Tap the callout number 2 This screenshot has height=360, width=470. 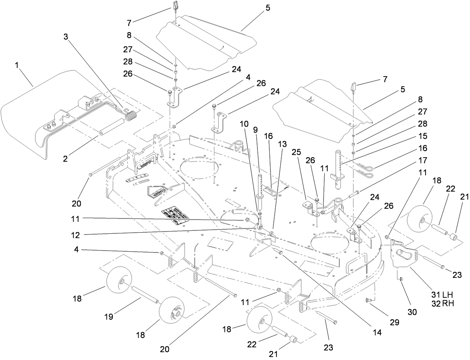click(x=65, y=159)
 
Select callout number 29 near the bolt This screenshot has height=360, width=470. click(x=395, y=322)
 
